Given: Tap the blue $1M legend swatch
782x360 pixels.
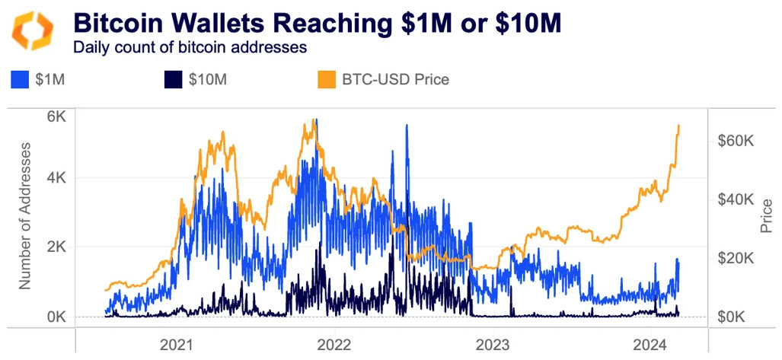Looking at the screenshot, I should point(21,79).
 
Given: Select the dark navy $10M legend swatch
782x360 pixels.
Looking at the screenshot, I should point(172,79).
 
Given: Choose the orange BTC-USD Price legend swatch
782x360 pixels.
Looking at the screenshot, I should point(327,79).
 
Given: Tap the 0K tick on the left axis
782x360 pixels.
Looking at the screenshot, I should point(56,317).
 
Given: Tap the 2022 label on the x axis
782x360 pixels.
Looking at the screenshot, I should point(334,344).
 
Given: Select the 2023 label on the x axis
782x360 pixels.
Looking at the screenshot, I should point(492,344).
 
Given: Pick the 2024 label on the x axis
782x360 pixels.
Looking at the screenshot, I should point(650,344).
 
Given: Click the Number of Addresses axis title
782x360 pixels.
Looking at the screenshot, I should point(25,215).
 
